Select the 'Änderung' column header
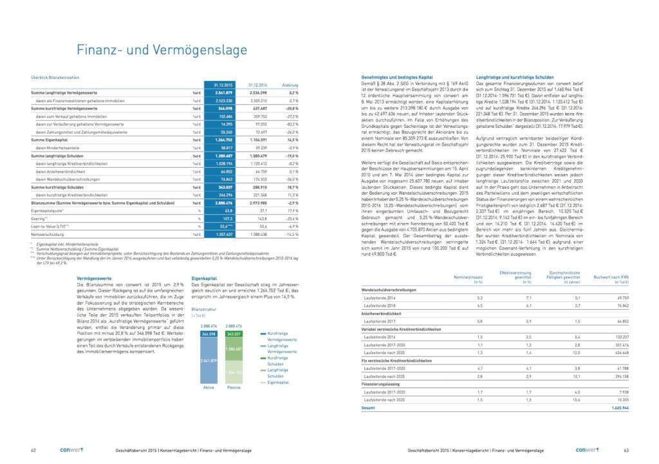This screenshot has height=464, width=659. (290, 84)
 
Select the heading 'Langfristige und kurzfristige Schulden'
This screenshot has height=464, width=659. (508, 77)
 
